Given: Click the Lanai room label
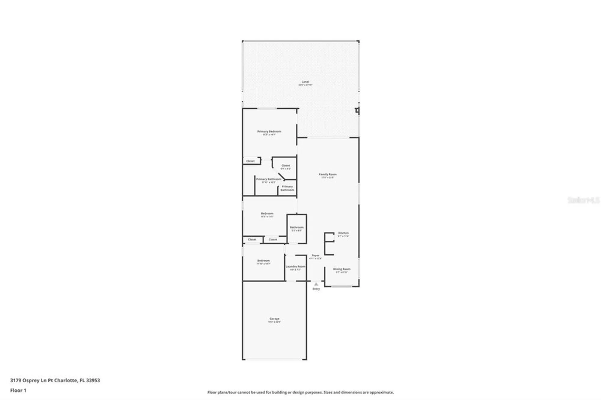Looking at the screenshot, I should tap(305, 82).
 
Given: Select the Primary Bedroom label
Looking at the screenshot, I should tap(269, 132).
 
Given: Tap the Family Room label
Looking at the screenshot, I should tap(328, 174).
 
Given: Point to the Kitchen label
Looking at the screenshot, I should tap(343, 233).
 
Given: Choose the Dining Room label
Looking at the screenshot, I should tap(342, 269).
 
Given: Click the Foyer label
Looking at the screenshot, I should tap(315, 256).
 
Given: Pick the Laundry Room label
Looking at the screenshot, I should tap(295, 267).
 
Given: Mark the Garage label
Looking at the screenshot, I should tap(274, 319).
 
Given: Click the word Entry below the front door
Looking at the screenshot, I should tap(316, 289).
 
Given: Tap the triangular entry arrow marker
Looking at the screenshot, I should tap(316, 284).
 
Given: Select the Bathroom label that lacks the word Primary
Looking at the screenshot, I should tap(297, 228).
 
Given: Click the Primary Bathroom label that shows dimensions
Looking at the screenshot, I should tap(269, 179).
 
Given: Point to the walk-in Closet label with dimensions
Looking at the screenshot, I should tap(285, 166).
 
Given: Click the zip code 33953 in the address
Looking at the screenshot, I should tap(93, 380).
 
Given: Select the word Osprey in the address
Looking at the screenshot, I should tap(31, 380).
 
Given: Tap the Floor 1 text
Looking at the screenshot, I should tap(18, 390).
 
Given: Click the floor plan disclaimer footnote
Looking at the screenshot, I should tap(300, 392).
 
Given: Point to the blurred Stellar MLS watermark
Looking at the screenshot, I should tap(583, 200).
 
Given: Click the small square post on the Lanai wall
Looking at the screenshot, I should tap(357, 111).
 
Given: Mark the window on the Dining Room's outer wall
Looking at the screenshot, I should tap(342, 286).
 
